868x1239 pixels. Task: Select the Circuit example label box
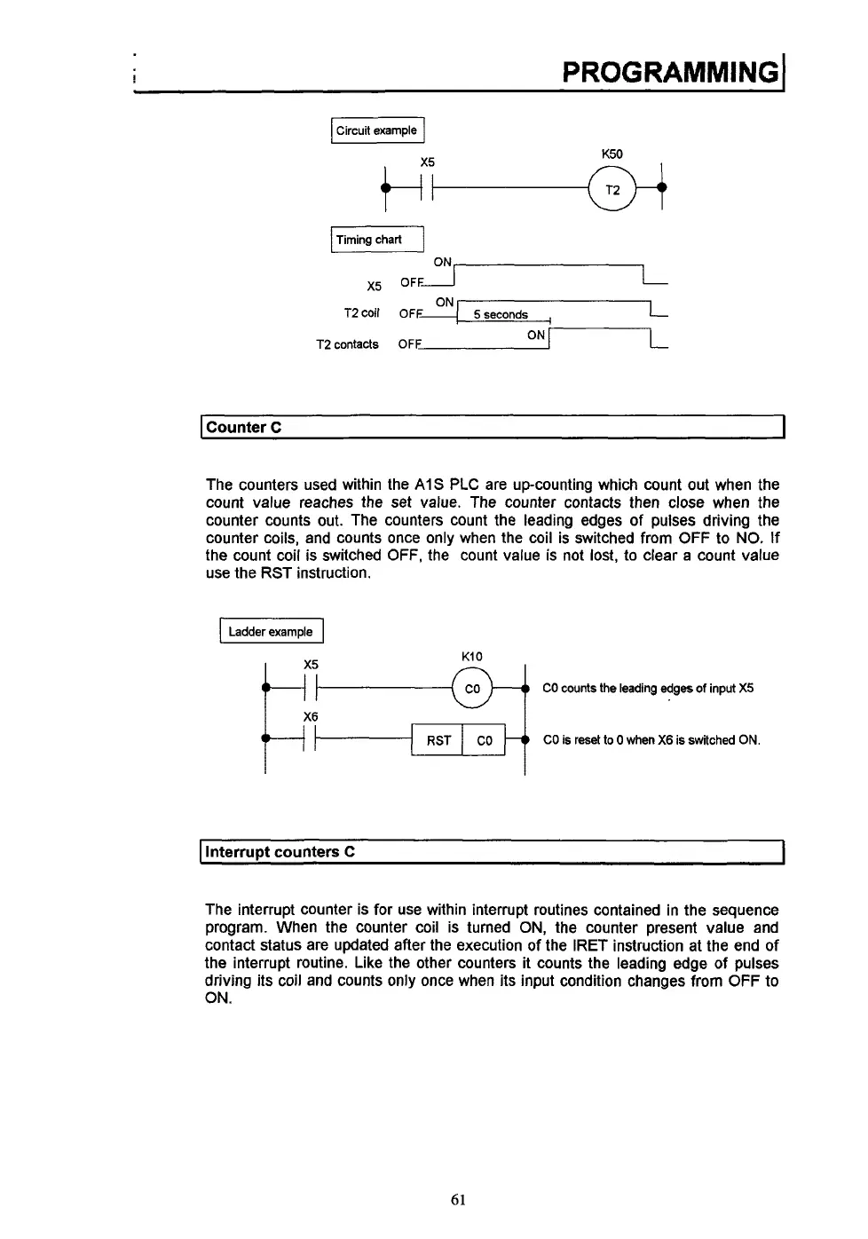coord(377,130)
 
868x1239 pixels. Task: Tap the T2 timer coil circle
coord(612,190)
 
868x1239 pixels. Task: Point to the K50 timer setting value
coord(612,154)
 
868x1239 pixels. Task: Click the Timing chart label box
coord(377,240)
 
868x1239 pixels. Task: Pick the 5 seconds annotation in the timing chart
coord(501,315)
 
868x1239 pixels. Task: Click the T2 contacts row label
coord(347,344)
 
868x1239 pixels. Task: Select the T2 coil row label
coord(361,313)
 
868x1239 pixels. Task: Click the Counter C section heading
coord(244,427)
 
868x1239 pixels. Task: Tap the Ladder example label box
coord(271,632)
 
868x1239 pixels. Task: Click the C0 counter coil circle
coord(472,689)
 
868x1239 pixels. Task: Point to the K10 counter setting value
coord(472,657)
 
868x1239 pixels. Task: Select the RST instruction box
coord(438,740)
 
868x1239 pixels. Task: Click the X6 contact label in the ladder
coord(311,717)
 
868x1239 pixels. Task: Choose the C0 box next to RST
coord(485,740)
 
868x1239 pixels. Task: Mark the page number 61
coord(458,1200)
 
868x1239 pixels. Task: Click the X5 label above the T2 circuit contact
coord(428,162)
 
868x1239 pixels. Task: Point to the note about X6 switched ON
coord(651,740)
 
